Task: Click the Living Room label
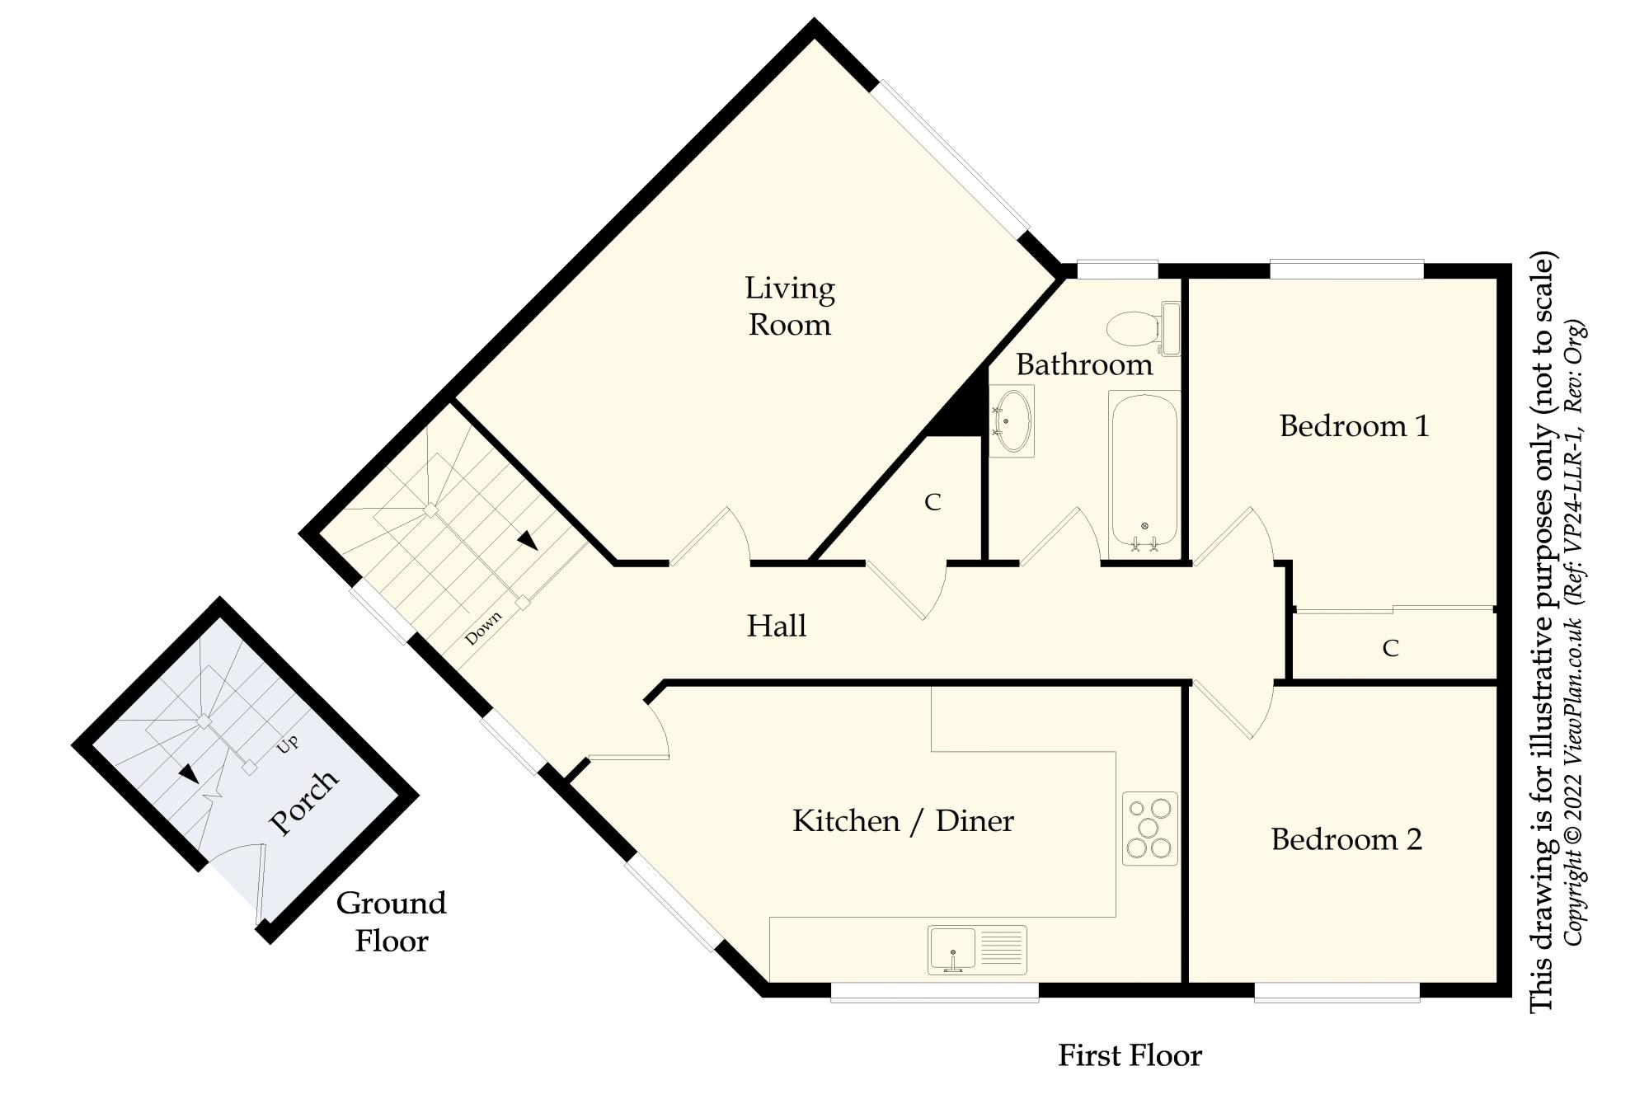789,306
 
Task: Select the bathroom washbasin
1012,421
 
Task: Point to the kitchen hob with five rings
1149,828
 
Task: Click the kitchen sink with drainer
977,949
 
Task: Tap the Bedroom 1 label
1353,426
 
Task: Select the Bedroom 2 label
1346,839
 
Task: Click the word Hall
776,626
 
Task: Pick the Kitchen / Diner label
903,821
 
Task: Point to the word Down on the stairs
483,628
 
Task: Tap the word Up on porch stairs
287,743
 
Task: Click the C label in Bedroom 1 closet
1390,649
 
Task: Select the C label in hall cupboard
933,502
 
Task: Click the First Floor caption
1130,1055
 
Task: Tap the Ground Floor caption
392,922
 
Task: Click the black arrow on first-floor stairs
527,540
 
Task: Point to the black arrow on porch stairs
189,773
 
